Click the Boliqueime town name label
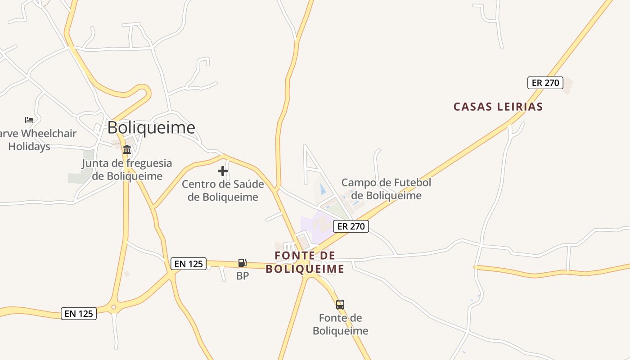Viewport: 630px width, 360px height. coord(151,128)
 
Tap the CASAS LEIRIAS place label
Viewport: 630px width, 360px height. coord(498,107)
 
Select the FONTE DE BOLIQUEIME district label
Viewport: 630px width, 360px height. coord(305,262)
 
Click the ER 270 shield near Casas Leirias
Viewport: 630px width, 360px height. coord(545,83)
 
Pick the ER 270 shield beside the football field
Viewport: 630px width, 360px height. coord(351,226)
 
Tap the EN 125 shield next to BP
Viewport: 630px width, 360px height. coord(188,264)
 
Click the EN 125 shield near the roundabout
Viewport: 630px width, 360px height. coord(79,314)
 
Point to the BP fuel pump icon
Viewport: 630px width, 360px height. coord(242,263)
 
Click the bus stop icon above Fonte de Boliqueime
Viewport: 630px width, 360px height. coord(340,305)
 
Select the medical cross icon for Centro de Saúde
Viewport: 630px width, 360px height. coord(222,171)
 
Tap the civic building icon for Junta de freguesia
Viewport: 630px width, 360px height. coord(127,150)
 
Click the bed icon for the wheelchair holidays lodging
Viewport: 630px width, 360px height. coord(29,120)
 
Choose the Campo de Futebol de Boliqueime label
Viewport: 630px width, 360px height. coord(386,189)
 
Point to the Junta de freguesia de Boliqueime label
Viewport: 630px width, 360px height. coord(127,170)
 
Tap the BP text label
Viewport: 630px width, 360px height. coord(243,276)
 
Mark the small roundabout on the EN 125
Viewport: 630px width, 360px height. coord(113,308)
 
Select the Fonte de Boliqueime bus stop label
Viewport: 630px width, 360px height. coord(340,324)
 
